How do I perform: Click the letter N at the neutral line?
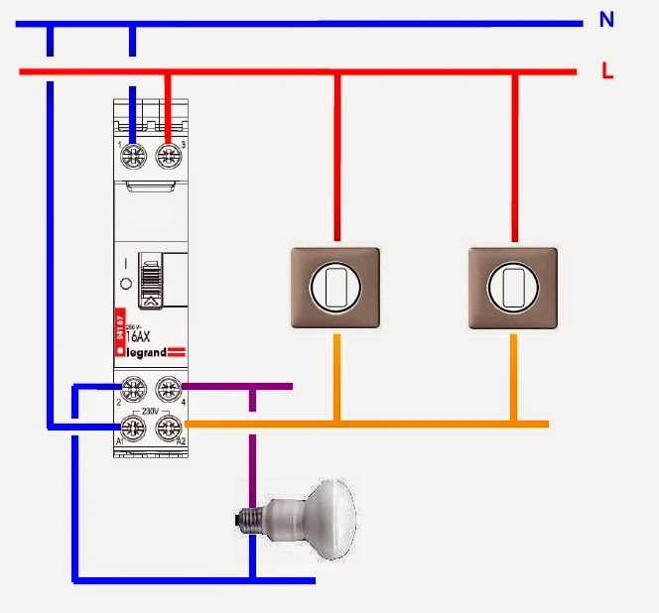click(606, 20)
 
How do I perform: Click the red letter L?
click(606, 70)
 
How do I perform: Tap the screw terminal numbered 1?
click(134, 154)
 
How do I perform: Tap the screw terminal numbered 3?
click(168, 154)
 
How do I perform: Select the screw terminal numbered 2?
click(134, 389)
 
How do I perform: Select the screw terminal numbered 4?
click(168, 389)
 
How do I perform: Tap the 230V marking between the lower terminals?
click(151, 408)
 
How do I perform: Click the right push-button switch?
click(514, 288)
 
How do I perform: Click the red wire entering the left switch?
click(337, 159)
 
